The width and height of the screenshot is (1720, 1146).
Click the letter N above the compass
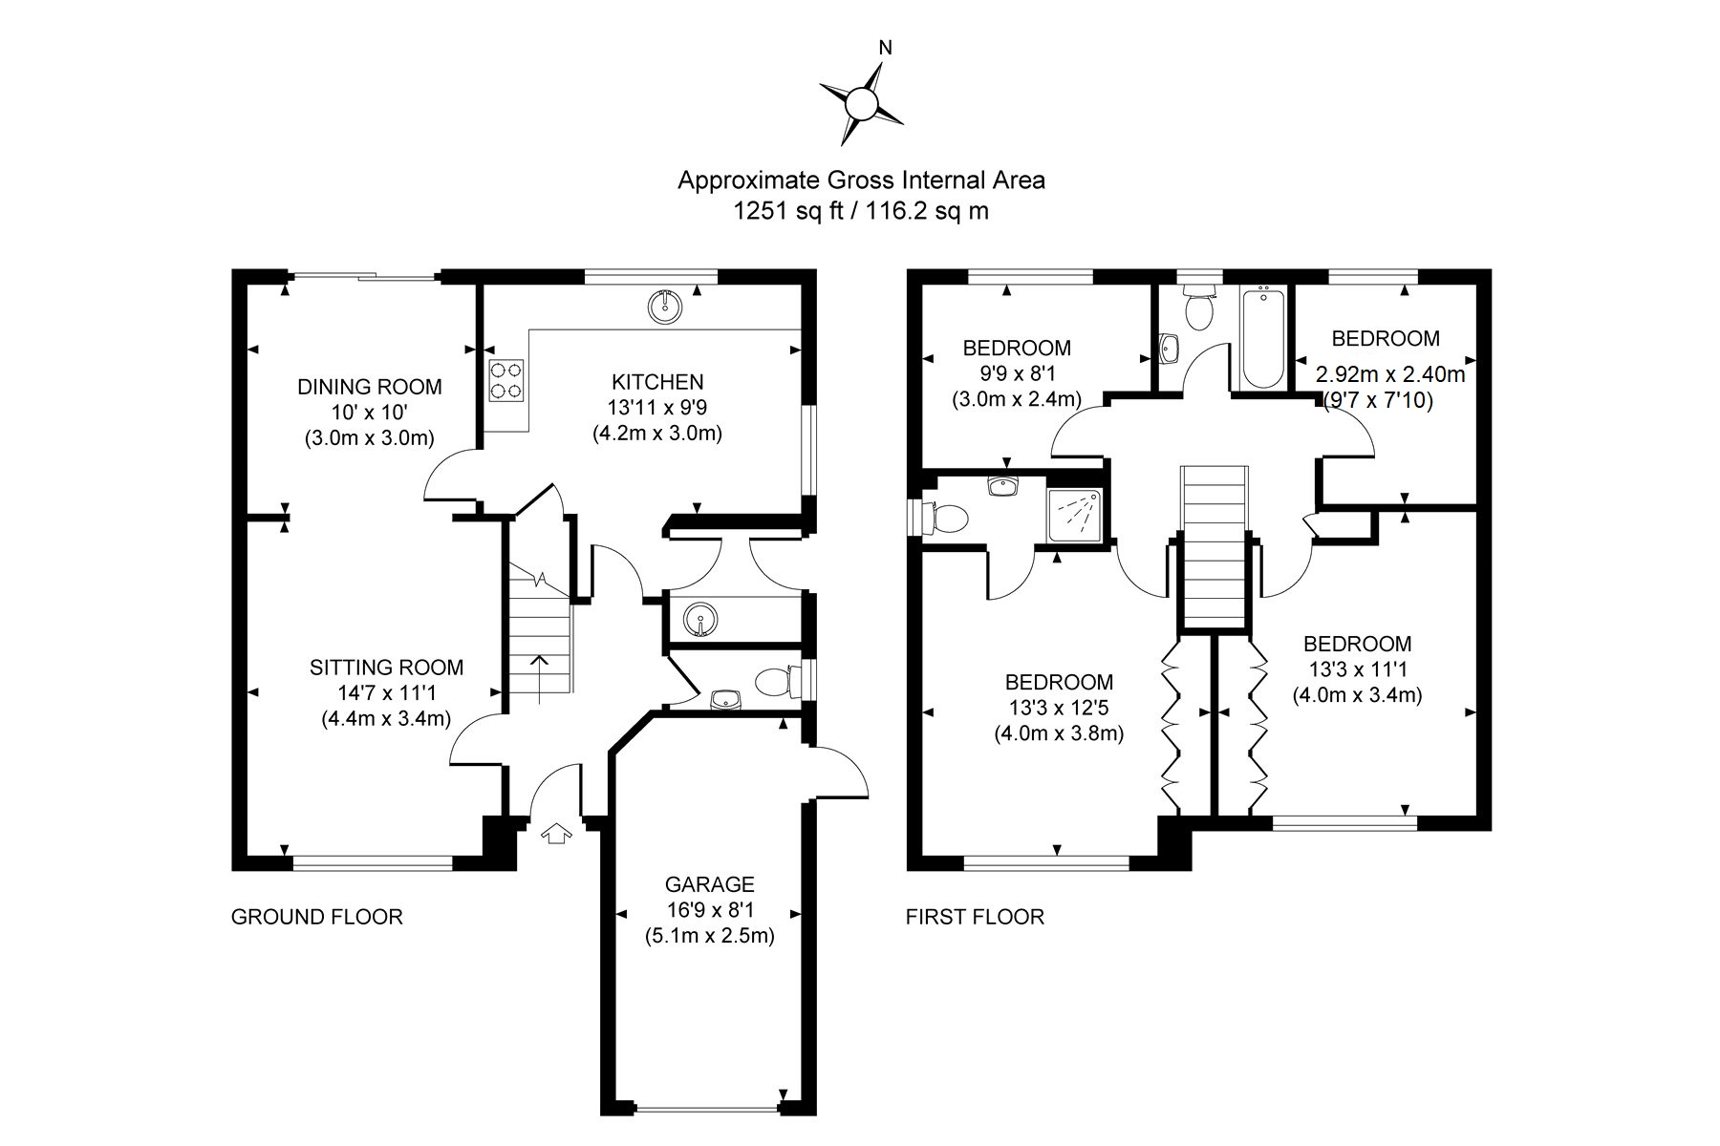tap(886, 48)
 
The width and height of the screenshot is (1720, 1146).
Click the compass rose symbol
tap(862, 102)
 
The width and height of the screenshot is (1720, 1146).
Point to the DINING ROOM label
tap(370, 387)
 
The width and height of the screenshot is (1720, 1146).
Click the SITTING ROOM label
tap(386, 668)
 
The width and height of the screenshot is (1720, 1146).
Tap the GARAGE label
tap(710, 885)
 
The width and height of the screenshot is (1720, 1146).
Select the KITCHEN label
tap(657, 382)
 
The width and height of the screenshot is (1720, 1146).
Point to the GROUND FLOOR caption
tap(317, 917)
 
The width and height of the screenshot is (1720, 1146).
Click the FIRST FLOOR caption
tap(975, 917)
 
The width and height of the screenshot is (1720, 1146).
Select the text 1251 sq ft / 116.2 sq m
tap(861, 211)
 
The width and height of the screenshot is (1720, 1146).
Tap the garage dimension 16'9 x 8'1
tap(710, 910)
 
